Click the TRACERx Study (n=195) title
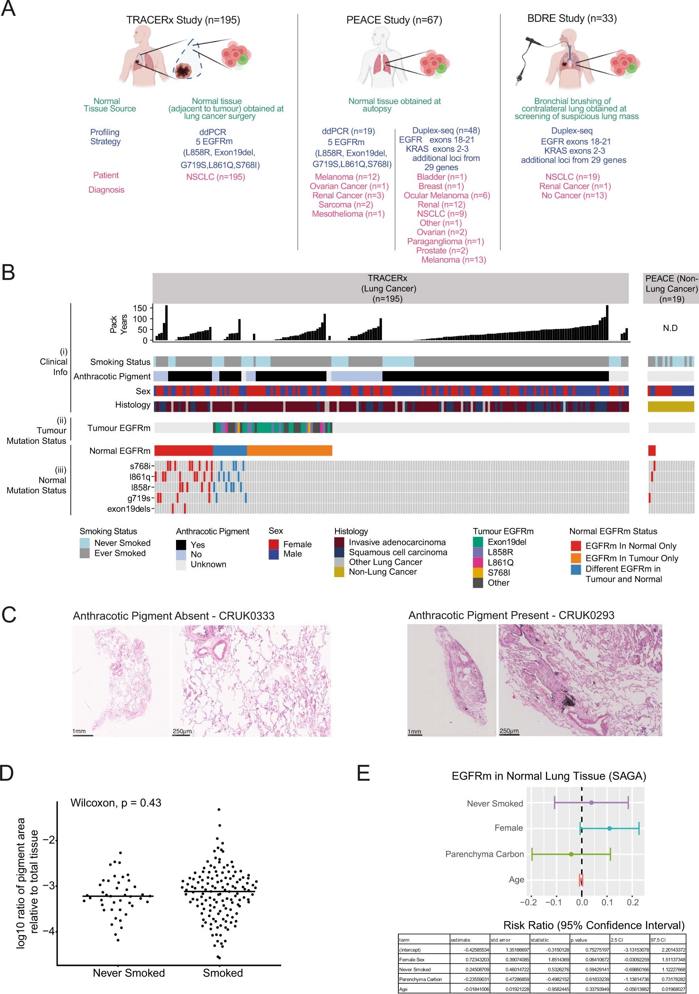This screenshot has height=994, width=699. [183, 20]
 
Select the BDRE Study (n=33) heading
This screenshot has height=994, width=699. [572, 18]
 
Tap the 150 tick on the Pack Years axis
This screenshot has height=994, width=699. [140, 308]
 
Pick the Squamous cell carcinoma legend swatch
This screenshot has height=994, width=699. [339, 553]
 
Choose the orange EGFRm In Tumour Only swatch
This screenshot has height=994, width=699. [576, 558]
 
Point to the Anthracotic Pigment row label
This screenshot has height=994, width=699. [112, 376]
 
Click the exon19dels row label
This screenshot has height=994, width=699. [129, 509]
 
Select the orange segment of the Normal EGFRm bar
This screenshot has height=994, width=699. [289, 451]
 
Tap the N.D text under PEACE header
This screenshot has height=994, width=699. [670, 328]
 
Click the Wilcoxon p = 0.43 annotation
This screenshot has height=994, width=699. [116, 803]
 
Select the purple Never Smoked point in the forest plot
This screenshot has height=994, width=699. [591, 803]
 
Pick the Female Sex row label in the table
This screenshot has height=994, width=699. [412, 959]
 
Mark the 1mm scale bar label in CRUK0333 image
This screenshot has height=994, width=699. [79, 731]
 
